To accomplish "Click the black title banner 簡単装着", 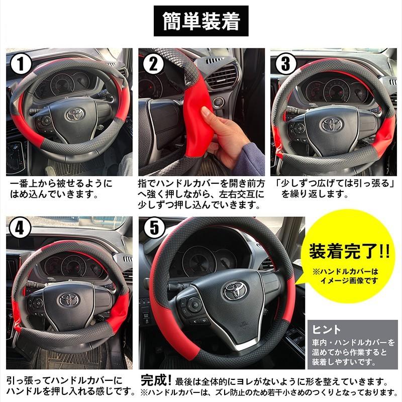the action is [x=201, y=21].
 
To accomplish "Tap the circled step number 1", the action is [x=21, y=64].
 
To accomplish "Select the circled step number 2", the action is [x=154, y=64].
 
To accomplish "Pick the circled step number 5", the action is [x=154, y=228].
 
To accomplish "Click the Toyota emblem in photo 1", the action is [x=75, y=114].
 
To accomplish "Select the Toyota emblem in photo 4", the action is [x=69, y=299].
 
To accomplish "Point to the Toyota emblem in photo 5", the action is [x=235, y=290].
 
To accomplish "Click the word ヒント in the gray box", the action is [x=326, y=330].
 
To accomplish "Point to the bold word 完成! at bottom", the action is [x=156, y=380].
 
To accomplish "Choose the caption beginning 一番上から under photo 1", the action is [x=61, y=189].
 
